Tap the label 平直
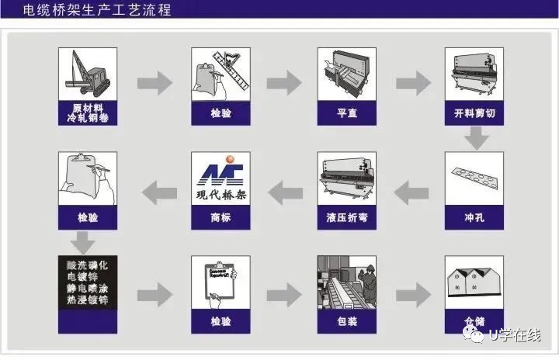click(346, 113)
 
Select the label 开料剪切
click(474, 113)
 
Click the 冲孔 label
click(474, 218)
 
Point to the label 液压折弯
click(346, 218)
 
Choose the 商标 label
click(220, 218)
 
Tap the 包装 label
click(346, 322)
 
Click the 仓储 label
click(474, 322)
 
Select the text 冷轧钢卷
click(88, 119)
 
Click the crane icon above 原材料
click(88, 73)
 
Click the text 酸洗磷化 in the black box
click(88, 264)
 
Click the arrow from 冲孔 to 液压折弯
click(411, 191)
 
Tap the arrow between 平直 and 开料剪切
click(412, 81)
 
